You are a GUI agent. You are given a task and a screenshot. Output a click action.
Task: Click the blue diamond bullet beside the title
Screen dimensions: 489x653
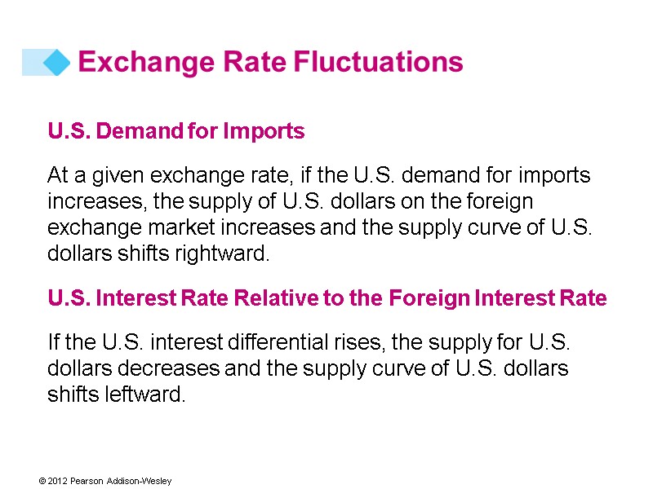click(x=55, y=63)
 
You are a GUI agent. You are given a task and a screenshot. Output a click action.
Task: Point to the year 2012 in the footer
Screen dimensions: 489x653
click(x=57, y=482)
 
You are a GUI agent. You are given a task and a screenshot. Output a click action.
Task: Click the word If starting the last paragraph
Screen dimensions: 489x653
click(x=54, y=344)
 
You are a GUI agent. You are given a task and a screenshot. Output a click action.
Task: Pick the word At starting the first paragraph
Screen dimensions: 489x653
click(x=57, y=176)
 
